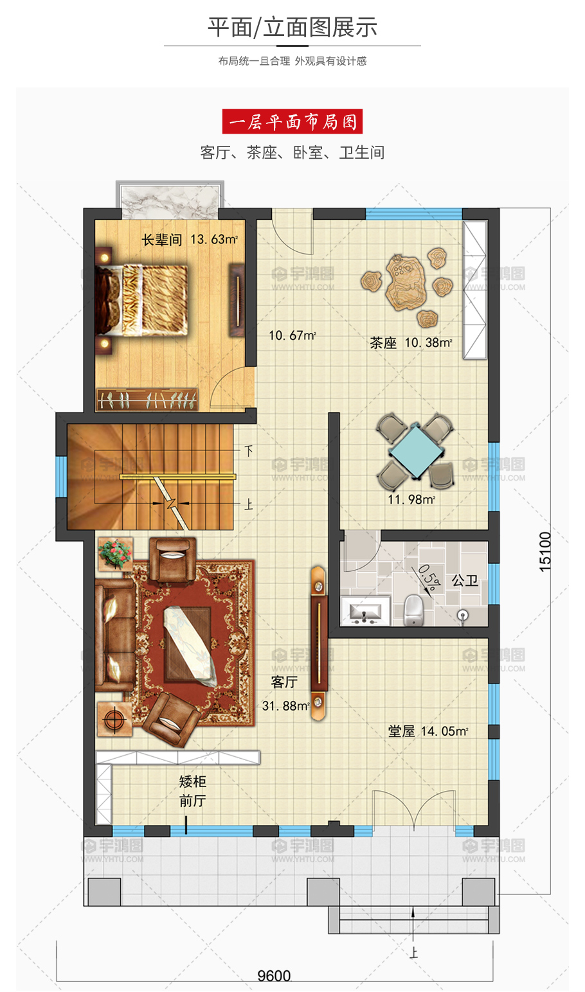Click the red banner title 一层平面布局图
point(292,122)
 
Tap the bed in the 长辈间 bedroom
point(141,300)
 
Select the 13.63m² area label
point(214,240)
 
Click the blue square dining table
point(416,451)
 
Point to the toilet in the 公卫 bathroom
point(414,610)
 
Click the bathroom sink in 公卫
point(365,611)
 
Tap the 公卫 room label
point(465,581)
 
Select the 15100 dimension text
point(545,552)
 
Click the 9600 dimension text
point(274,975)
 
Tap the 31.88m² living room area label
point(286,706)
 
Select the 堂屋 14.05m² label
point(428,731)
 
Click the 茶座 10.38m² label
point(411,343)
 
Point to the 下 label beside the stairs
point(249,451)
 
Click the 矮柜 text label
point(193,781)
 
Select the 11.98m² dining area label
point(411,500)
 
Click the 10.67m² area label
point(292,335)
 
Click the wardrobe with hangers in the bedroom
point(147,400)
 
